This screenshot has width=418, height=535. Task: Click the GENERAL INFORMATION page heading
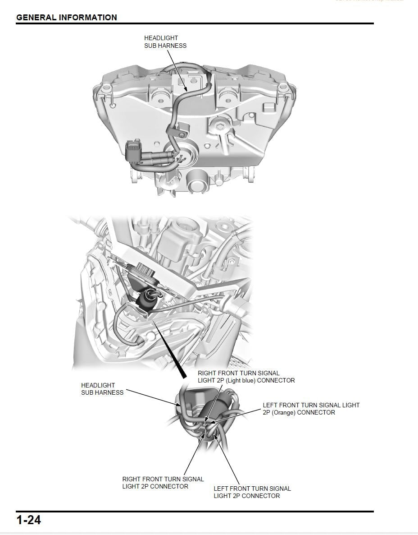pos(66,18)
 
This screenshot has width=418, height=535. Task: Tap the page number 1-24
pos(28,520)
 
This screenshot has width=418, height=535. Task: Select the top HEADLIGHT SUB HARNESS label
pos(165,42)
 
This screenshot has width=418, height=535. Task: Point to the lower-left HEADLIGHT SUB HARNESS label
pos(102,389)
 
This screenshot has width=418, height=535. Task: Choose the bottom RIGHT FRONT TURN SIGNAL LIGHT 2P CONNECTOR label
pos(163,483)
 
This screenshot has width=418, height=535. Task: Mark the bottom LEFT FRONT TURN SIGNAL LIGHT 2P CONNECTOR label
pos(252,492)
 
